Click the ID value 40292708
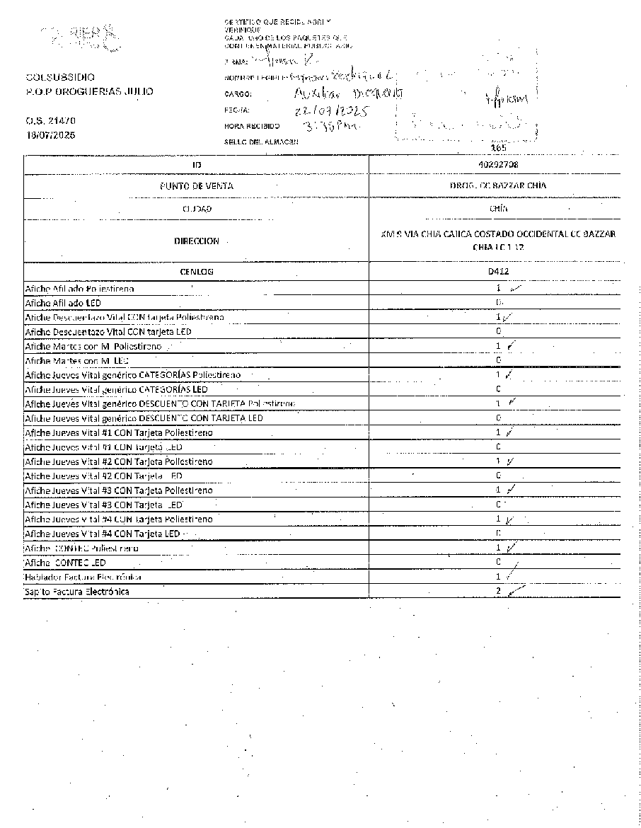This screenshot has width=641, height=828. [x=497, y=164]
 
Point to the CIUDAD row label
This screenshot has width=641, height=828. [x=197, y=209]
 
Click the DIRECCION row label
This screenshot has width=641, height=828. [x=196, y=241]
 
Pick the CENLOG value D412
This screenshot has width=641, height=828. [x=498, y=271]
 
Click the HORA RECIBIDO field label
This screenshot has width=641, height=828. [x=247, y=127]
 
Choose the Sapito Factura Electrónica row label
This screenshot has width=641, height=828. [x=77, y=592]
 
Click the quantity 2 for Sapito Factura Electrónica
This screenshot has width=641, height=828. [x=499, y=591]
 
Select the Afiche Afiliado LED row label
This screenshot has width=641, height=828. [x=63, y=303]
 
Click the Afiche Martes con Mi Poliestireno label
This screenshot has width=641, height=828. [x=93, y=347]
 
